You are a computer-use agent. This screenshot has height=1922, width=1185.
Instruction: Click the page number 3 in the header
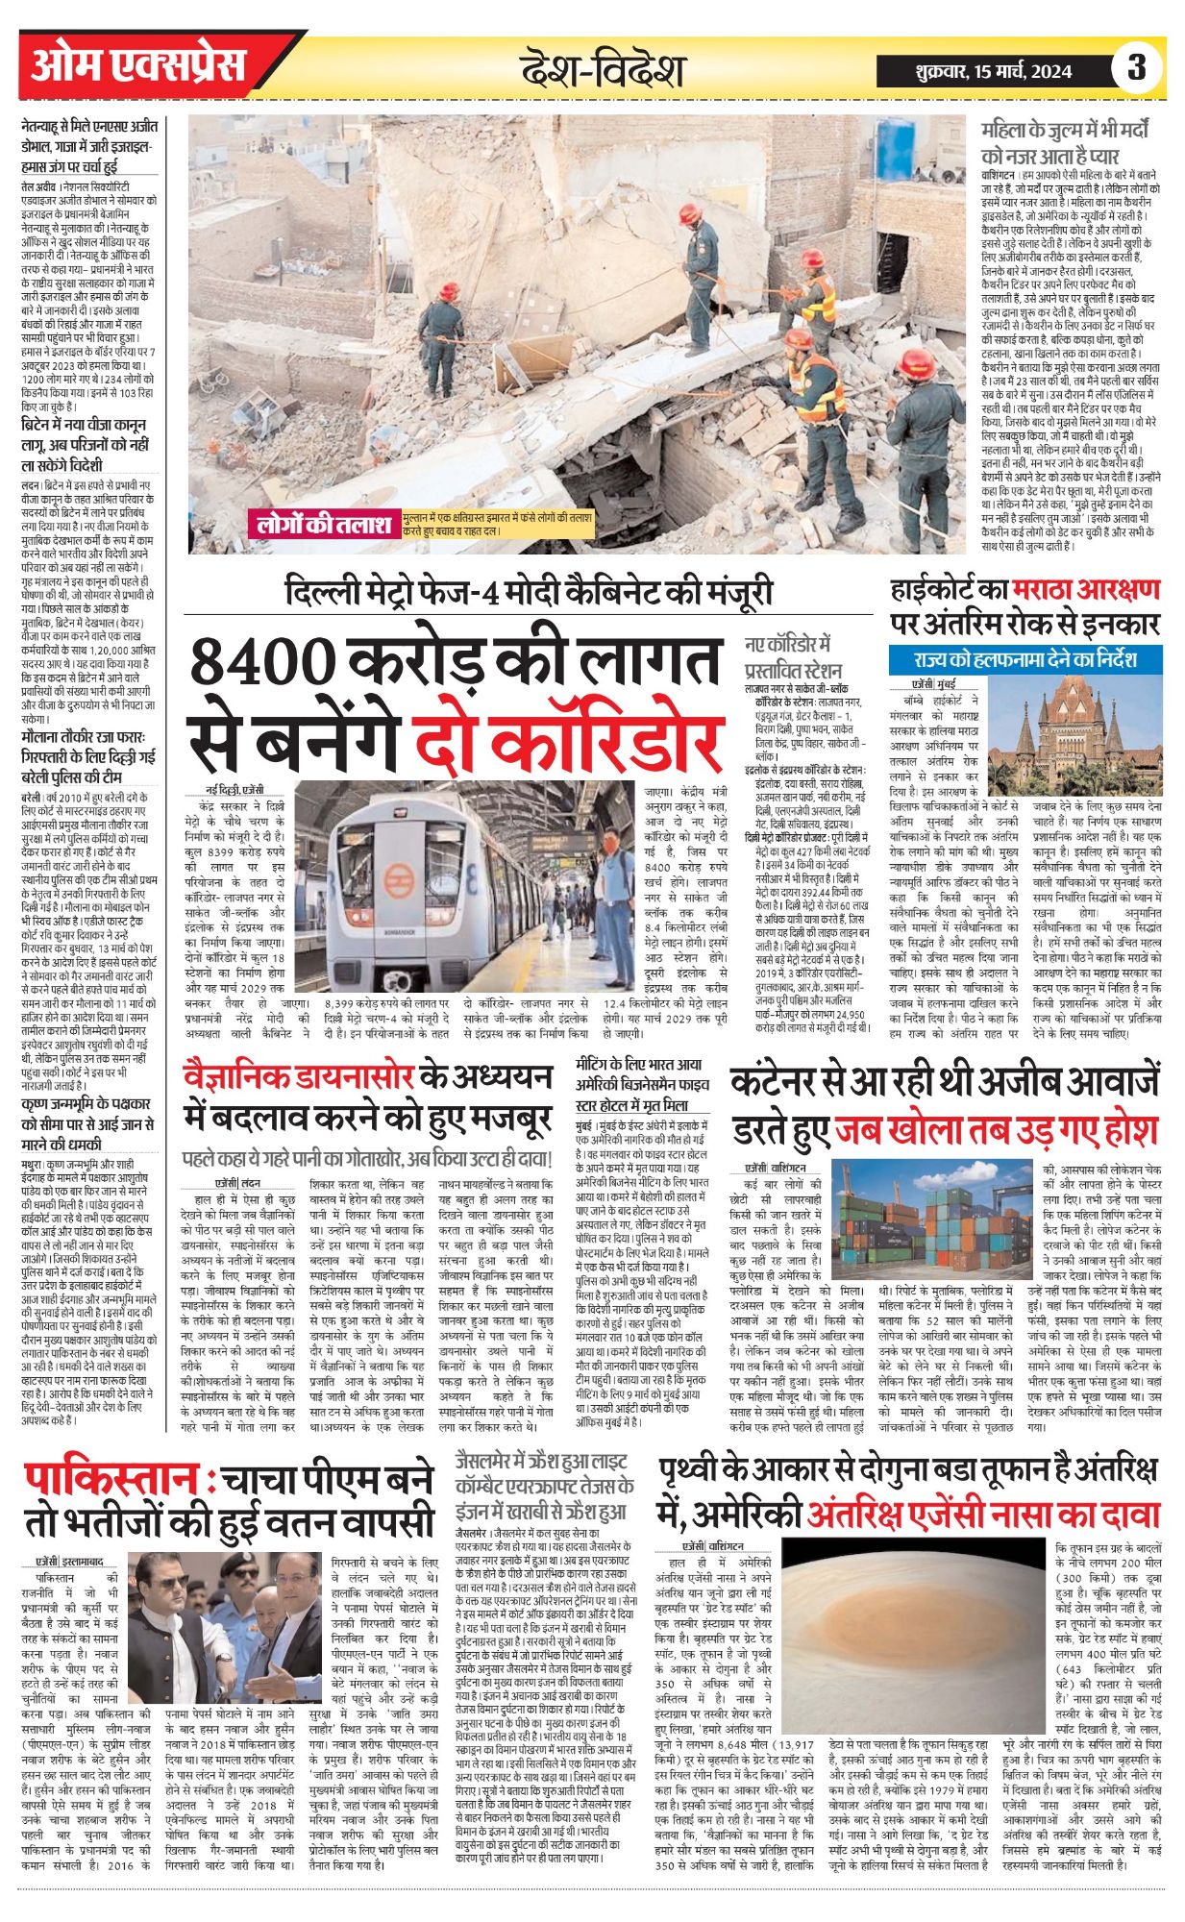[x=1138, y=68]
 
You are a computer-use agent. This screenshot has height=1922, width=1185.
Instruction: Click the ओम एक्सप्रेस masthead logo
[x=138, y=66]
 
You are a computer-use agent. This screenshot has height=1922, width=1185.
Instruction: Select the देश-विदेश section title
[x=603, y=70]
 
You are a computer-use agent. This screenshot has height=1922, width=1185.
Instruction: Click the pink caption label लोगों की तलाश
[x=325, y=525]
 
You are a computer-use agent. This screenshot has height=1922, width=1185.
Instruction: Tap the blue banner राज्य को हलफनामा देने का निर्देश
[x=1025, y=660]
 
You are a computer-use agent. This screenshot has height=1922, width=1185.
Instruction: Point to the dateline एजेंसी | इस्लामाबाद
[x=70, y=1562]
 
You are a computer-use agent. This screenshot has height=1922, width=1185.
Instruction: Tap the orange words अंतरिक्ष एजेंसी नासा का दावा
[x=983, y=1515]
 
